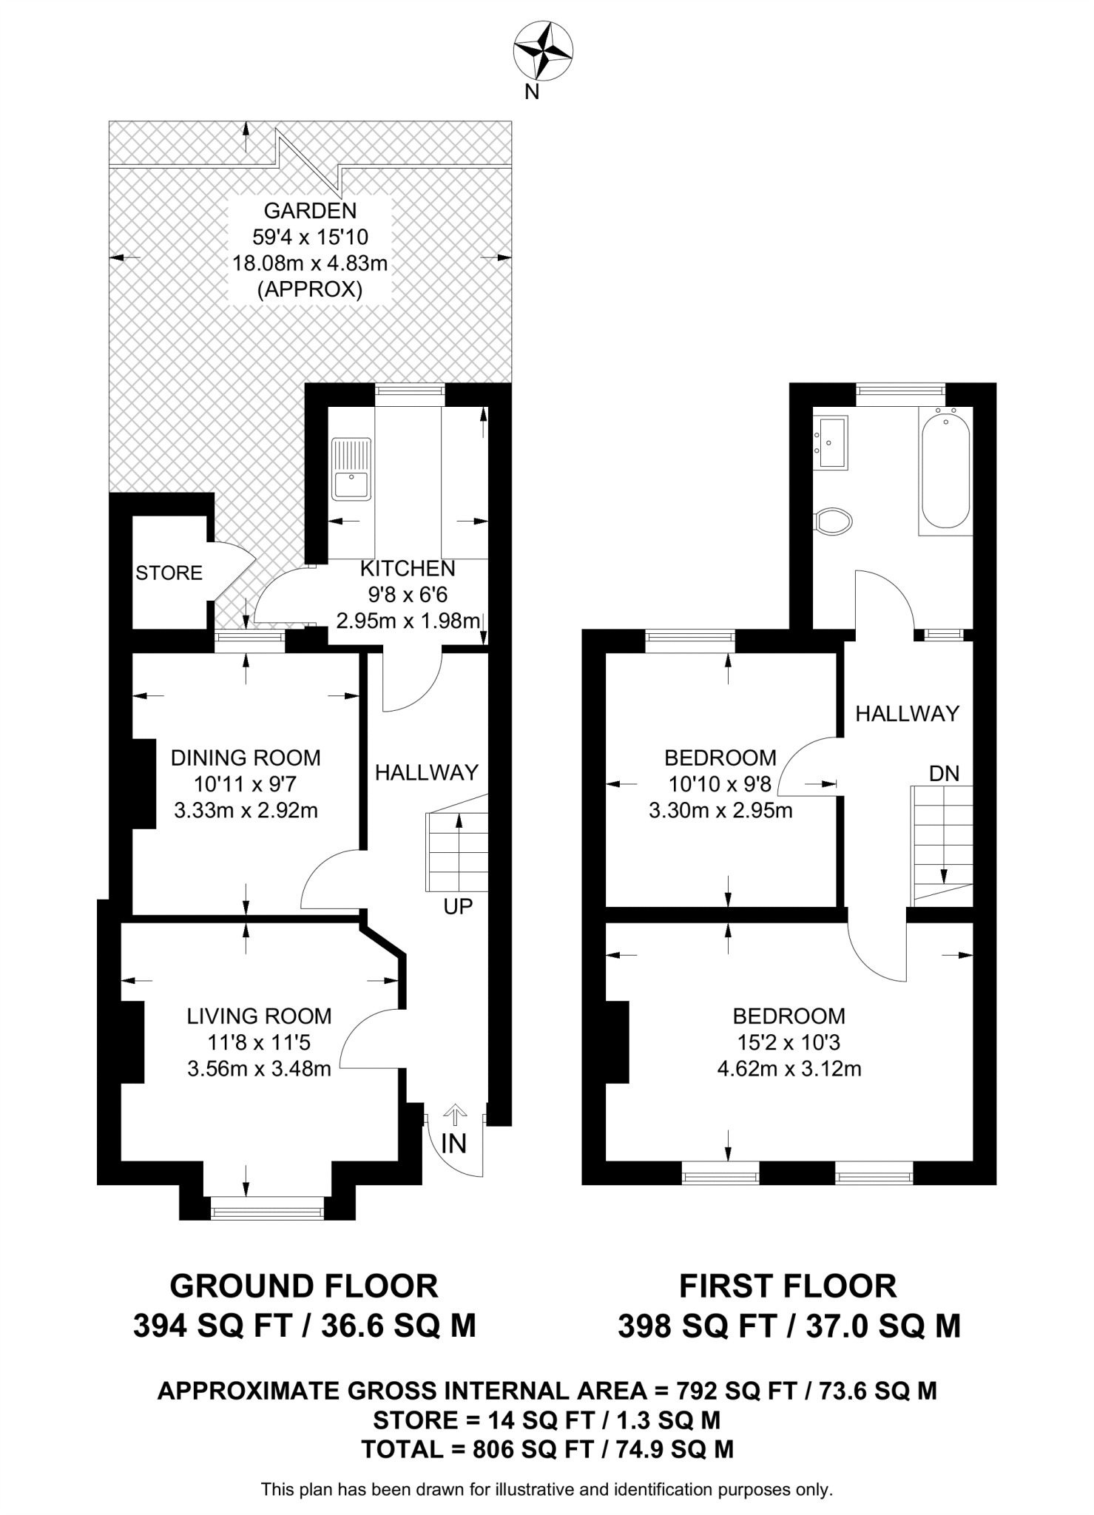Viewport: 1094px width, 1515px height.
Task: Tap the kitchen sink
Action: (351, 469)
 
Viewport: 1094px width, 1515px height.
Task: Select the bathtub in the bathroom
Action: (945, 471)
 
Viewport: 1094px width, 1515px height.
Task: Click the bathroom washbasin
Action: (831, 442)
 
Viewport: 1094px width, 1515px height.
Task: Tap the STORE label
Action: (169, 573)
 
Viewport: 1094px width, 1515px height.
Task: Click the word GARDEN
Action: (310, 211)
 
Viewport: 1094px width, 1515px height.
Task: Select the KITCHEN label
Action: (408, 569)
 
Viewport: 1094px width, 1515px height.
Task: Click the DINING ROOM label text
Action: (246, 757)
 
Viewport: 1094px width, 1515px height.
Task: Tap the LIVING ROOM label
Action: (259, 1016)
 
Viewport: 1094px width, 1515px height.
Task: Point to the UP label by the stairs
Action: (458, 906)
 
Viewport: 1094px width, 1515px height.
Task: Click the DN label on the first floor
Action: (944, 774)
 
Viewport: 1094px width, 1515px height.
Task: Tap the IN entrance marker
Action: (453, 1144)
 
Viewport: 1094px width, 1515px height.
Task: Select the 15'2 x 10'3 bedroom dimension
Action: (789, 1043)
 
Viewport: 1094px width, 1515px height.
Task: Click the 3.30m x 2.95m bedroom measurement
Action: (720, 811)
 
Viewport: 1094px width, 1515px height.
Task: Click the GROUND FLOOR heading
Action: (304, 1286)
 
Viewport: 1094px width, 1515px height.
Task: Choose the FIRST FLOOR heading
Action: (789, 1286)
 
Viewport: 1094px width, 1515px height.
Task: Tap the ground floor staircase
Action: (457, 851)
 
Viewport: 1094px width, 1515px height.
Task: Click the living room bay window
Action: (267, 1212)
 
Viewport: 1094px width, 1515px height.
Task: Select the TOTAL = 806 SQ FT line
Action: (547, 1448)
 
